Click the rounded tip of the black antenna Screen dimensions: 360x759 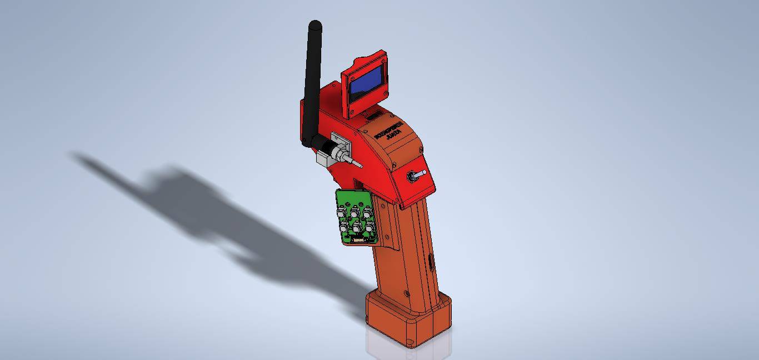tap(314, 24)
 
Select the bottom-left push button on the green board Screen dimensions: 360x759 tap(343, 228)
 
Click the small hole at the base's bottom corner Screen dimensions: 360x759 tap(410, 342)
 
